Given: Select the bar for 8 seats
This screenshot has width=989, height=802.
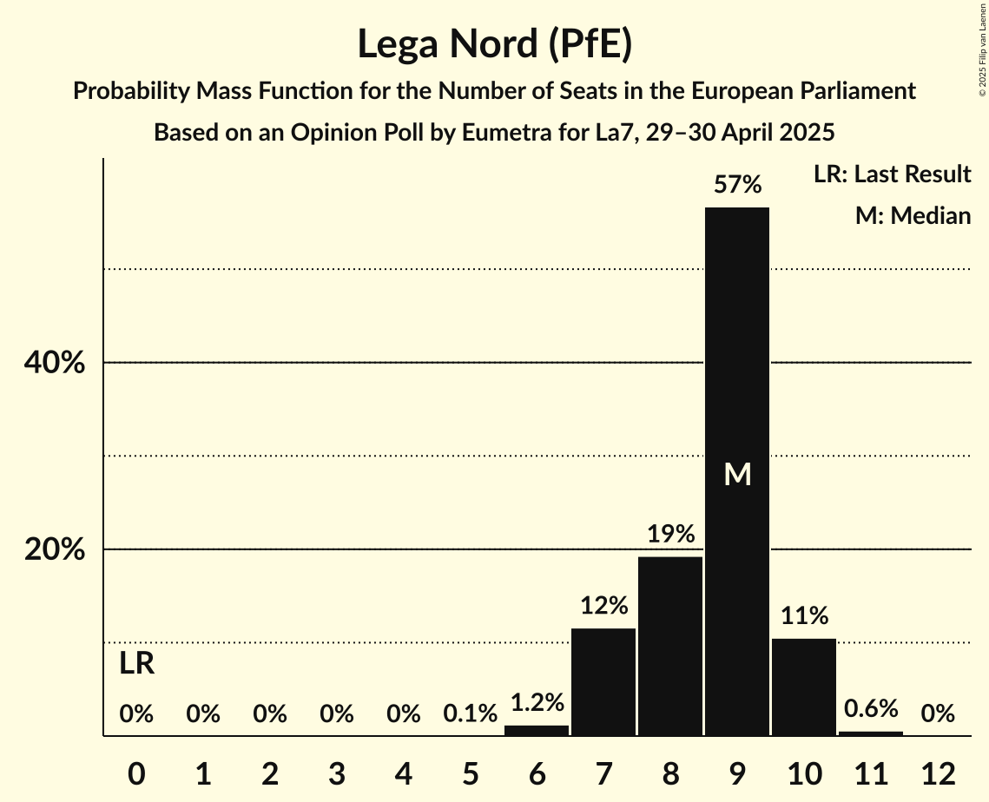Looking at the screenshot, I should pos(670,647).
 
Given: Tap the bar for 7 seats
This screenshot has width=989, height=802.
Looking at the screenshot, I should pos(603,682).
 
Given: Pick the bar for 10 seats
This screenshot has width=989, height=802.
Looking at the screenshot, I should pos(804,687).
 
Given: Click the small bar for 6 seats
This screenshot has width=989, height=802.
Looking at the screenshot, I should pos(537,731).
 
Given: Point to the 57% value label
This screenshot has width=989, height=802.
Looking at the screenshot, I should pos(737,185).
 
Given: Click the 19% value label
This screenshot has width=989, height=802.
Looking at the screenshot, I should pos(670,534).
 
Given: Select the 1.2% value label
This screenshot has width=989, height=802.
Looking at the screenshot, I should pos(537,702).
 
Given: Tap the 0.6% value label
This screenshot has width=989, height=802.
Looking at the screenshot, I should pos(871,708).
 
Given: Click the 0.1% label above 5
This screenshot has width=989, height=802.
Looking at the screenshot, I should pos(470,714).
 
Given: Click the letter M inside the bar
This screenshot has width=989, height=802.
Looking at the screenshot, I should pos(737,474).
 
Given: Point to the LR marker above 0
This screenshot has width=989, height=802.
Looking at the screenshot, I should pos(136,664).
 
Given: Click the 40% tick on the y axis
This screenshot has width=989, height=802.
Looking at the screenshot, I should pos(54,363).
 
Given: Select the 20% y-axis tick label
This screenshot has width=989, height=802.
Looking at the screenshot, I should pos(54,550).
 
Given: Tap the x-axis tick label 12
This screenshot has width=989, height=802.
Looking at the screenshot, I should pos(938,772).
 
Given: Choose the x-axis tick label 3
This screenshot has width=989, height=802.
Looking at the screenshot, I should pos(337,772).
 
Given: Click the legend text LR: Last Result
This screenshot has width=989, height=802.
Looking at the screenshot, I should pos(892,174).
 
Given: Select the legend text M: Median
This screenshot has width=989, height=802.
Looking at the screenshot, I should pos(913,215).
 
